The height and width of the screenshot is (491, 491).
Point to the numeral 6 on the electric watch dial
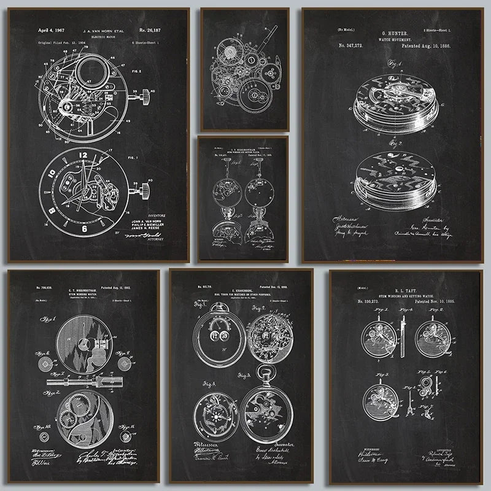pos(83,226)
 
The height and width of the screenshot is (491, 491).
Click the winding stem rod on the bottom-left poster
pos(83,382)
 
